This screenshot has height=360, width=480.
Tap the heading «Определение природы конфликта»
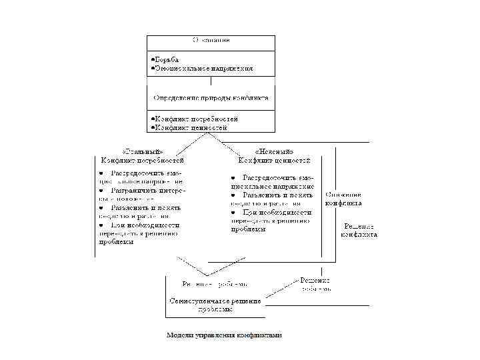click(x=211, y=97)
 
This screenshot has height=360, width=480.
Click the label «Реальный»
click(x=143, y=151)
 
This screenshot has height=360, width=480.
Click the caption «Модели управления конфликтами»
click(x=225, y=335)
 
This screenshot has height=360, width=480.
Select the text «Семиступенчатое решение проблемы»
click(x=215, y=305)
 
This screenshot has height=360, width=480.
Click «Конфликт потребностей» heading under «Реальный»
click(x=143, y=160)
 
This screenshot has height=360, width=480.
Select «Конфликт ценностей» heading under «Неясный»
click(x=275, y=160)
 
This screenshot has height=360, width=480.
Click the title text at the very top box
click(x=211, y=40)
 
